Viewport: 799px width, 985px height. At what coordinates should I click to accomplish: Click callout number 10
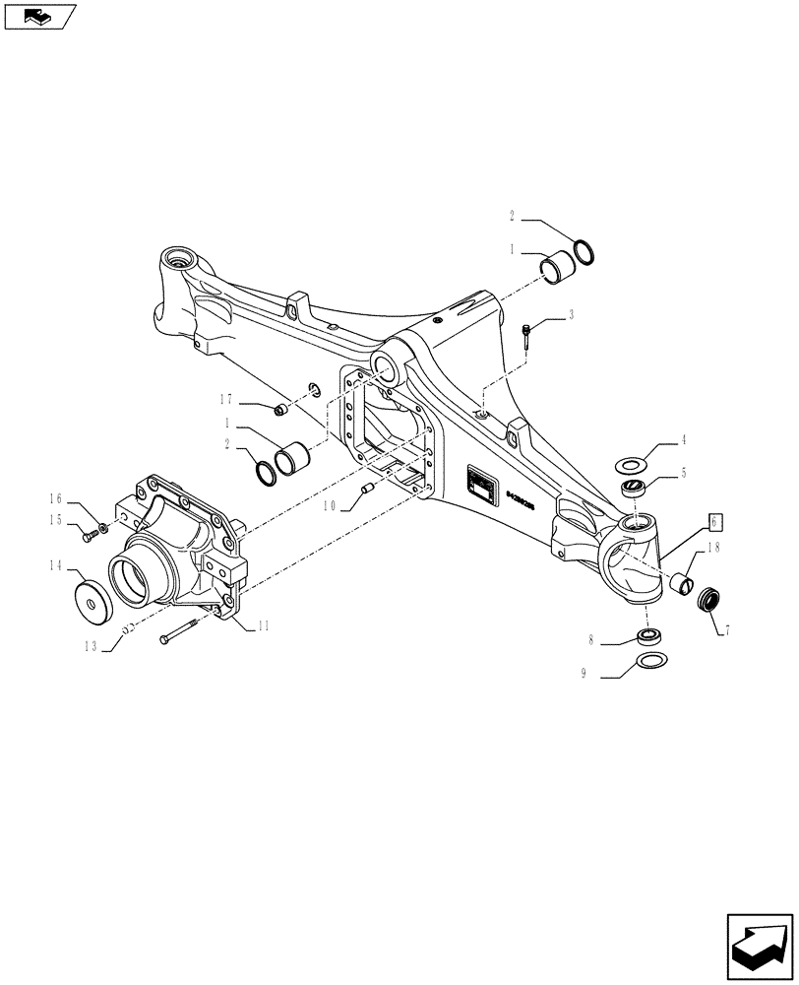tap(328, 506)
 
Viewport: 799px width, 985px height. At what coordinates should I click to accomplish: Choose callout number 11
tap(265, 625)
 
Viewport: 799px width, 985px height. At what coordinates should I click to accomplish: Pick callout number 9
tap(584, 674)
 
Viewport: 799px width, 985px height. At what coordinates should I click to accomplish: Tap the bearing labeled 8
tap(648, 635)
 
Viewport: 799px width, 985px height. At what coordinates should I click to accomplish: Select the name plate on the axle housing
tap(481, 485)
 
